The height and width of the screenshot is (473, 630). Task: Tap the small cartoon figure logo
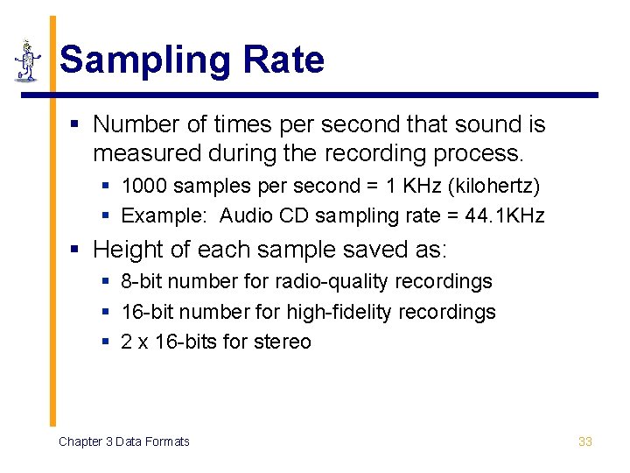(x=27, y=61)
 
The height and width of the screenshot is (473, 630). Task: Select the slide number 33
(x=585, y=441)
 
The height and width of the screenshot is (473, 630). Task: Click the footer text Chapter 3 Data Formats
(x=123, y=441)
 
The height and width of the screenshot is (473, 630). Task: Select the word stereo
(x=282, y=342)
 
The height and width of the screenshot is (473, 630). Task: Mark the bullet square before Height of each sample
(x=76, y=251)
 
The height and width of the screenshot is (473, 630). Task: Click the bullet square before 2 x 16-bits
(x=105, y=342)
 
